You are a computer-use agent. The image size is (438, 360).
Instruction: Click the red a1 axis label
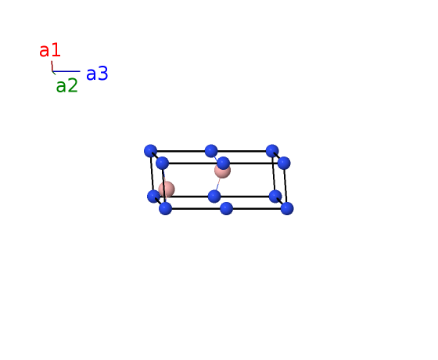pos(50,51)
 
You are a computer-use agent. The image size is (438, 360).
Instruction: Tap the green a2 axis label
pos(66,85)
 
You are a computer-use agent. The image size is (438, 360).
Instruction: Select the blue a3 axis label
pos(97,74)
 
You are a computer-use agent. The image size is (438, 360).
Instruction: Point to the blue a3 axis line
pos(66,71)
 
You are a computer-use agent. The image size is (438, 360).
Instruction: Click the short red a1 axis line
pos(52,67)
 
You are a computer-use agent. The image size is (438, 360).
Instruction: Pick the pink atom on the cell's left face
pos(167,189)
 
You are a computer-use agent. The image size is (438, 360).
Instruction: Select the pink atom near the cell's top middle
pos(222,171)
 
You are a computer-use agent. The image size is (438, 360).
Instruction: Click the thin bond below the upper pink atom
pos(217,185)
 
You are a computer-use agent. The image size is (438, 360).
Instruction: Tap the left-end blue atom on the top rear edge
pos(150,151)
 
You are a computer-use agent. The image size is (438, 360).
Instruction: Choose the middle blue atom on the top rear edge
pos(211,151)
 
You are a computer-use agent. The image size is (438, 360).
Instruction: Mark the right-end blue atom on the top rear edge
pos(272,151)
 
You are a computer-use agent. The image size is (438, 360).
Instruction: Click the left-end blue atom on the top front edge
pos(163,163)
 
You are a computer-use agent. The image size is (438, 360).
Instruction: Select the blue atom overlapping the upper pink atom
pos(223,163)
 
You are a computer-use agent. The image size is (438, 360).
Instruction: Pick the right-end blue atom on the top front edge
pos(284,163)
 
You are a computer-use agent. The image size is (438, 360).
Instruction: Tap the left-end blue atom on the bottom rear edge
pos(153,196)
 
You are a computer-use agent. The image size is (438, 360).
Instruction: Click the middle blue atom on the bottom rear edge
pos(214,196)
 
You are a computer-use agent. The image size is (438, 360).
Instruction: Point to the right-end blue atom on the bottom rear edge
pos(275,196)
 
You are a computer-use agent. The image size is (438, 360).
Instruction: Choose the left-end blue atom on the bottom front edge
pos(165,208)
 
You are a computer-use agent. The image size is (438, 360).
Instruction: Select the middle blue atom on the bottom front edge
pos(226,208)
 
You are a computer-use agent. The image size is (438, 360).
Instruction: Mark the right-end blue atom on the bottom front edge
pos(287,208)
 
